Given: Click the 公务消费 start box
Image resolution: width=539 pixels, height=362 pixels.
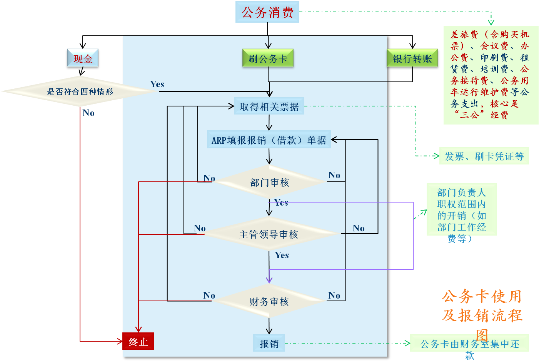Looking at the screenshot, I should click(x=267, y=12).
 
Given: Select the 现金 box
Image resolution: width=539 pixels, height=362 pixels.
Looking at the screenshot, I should click(x=83, y=59).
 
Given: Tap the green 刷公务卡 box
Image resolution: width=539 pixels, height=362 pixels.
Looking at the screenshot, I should click(x=268, y=58).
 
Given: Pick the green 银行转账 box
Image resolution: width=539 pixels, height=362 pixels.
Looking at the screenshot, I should click(x=412, y=59).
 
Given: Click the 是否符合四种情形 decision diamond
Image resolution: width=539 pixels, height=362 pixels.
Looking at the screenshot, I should click(x=80, y=91).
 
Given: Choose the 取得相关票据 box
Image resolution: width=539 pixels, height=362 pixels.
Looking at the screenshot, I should click(x=269, y=106).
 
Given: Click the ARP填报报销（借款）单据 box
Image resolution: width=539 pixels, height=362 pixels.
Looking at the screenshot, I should click(x=269, y=140).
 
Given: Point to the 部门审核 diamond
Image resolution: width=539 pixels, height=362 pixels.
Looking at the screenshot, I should click(x=269, y=182).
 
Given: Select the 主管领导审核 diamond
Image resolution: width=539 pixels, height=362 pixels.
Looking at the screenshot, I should click(x=269, y=234).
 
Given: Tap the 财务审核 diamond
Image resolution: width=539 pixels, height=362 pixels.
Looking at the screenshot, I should click(x=269, y=301).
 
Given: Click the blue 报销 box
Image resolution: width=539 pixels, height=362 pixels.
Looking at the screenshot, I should click(x=269, y=343).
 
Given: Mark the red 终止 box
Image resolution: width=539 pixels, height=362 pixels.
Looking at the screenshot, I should click(x=138, y=341).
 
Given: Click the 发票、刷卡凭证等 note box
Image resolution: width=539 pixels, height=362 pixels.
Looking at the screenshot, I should click(x=484, y=156).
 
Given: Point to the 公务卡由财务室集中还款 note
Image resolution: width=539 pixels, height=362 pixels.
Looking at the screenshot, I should click(x=469, y=344).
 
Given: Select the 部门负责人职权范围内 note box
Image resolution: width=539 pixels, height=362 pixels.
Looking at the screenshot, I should click(x=462, y=210).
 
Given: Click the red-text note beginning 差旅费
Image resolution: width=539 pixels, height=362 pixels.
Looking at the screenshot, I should click(x=491, y=75).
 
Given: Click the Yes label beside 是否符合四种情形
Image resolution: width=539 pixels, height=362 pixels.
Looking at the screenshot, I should click(x=157, y=84).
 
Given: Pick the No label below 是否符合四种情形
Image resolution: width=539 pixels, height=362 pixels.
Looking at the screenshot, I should click(x=88, y=113).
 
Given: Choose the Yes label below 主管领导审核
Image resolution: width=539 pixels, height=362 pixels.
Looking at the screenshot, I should click(x=282, y=255).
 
